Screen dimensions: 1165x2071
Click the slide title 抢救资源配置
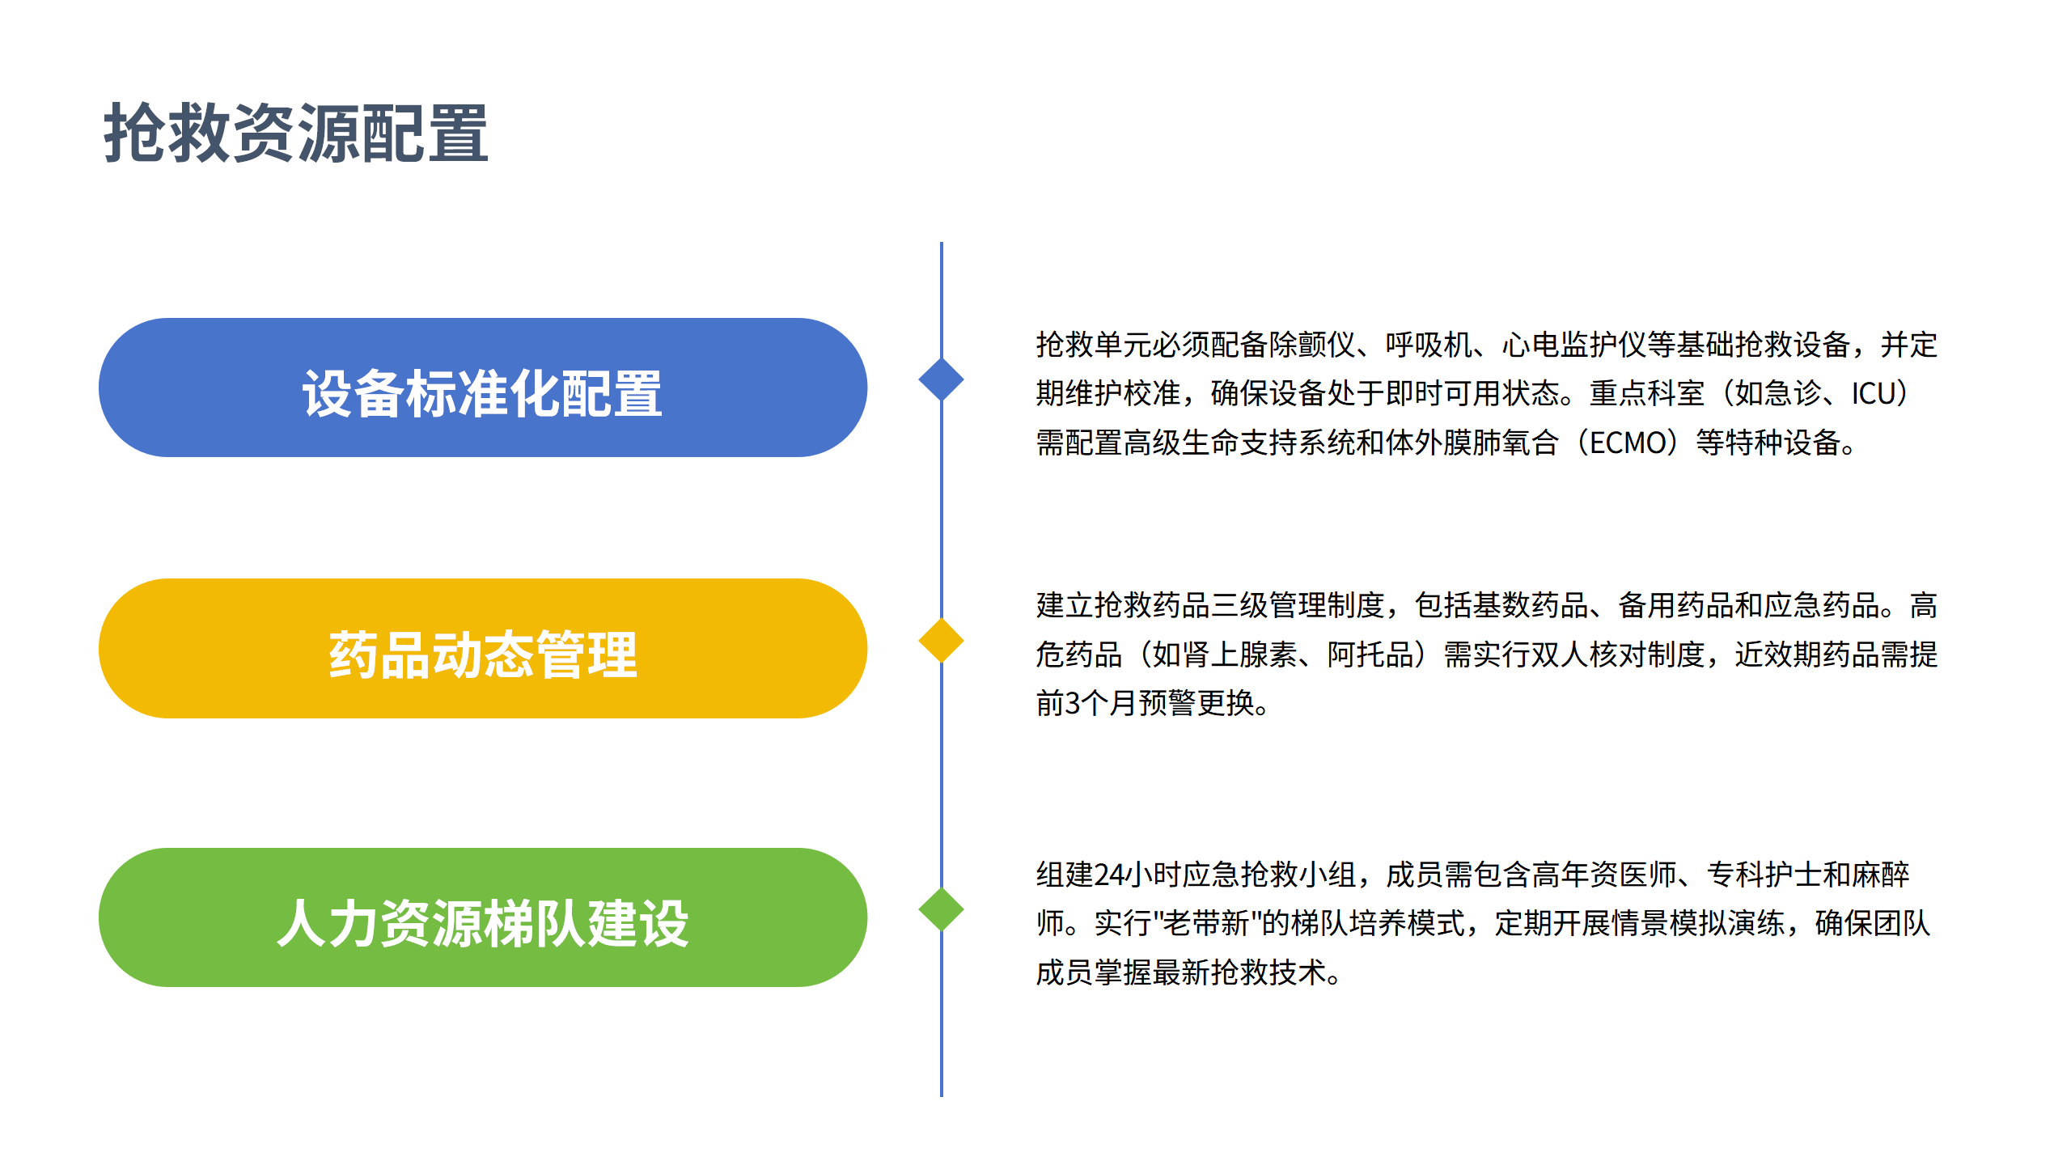[296, 133]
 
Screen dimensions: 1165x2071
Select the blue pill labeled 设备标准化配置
[483, 388]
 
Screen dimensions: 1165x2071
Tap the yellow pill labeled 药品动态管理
[483, 650]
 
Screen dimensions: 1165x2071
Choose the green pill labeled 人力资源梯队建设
[483, 918]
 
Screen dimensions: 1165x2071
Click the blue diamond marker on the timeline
[941, 379]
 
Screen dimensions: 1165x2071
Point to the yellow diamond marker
[941, 641]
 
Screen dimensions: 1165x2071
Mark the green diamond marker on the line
[941, 909]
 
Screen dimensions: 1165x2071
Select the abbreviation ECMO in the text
[1627, 443]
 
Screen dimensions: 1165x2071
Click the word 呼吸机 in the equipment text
[1429, 345]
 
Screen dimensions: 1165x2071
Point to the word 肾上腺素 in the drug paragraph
[1239, 655]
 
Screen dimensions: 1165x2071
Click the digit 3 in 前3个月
[1073, 704]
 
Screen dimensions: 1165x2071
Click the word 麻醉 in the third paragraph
[1881, 875]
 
